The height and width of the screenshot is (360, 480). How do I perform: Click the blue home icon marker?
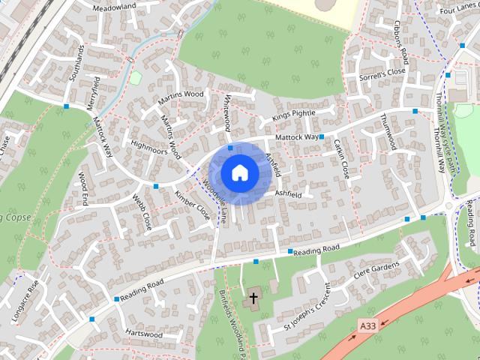click(240, 172)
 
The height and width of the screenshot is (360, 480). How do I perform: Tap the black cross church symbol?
click(253, 298)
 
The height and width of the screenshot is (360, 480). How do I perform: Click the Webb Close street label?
click(142, 211)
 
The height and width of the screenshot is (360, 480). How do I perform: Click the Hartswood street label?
click(145, 334)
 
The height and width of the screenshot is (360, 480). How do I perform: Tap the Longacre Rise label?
click(23, 301)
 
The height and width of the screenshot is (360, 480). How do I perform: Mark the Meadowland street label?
click(114, 7)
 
